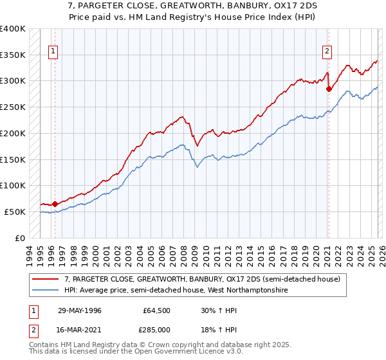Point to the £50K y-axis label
click(14, 212)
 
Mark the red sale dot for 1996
click(55, 204)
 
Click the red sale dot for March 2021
click(329, 89)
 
